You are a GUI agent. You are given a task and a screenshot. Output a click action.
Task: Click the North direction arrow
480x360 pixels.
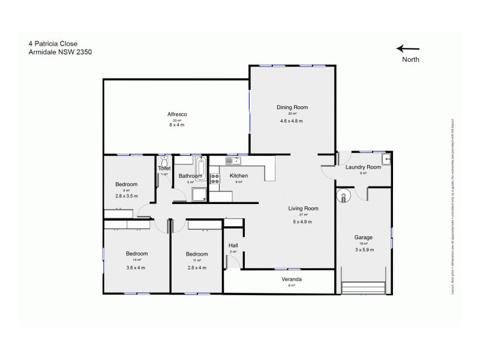(408, 49)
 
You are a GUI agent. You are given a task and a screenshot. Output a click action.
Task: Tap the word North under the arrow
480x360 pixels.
(411, 60)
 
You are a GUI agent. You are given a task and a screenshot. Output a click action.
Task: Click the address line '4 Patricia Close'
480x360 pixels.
(53, 43)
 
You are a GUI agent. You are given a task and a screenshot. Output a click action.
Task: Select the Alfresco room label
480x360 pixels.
(177, 114)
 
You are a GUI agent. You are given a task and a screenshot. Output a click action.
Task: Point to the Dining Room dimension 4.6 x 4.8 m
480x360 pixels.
(292, 121)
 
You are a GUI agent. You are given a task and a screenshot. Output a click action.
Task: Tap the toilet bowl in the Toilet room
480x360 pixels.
(163, 161)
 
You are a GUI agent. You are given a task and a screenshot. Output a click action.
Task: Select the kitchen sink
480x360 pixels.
(232, 161)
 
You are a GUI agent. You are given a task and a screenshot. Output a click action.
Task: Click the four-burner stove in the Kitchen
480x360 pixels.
(214, 178)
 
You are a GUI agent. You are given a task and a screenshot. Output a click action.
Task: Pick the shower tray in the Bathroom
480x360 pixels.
(199, 194)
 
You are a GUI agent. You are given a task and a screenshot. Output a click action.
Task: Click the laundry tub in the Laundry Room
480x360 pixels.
(387, 160)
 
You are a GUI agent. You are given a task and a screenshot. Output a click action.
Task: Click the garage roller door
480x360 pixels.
(362, 289)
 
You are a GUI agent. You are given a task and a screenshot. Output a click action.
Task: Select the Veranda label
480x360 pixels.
(292, 280)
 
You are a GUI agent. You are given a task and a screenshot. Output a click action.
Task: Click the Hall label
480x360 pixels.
(233, 245)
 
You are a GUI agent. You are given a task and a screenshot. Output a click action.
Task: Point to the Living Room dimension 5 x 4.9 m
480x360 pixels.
(302, 222)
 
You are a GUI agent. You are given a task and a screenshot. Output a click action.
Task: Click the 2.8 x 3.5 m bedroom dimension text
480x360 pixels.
(127, 196)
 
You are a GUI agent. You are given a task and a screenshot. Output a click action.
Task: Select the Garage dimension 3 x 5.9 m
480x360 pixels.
(364, 250)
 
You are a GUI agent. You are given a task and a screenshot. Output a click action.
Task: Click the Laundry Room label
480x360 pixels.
(363, 167)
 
